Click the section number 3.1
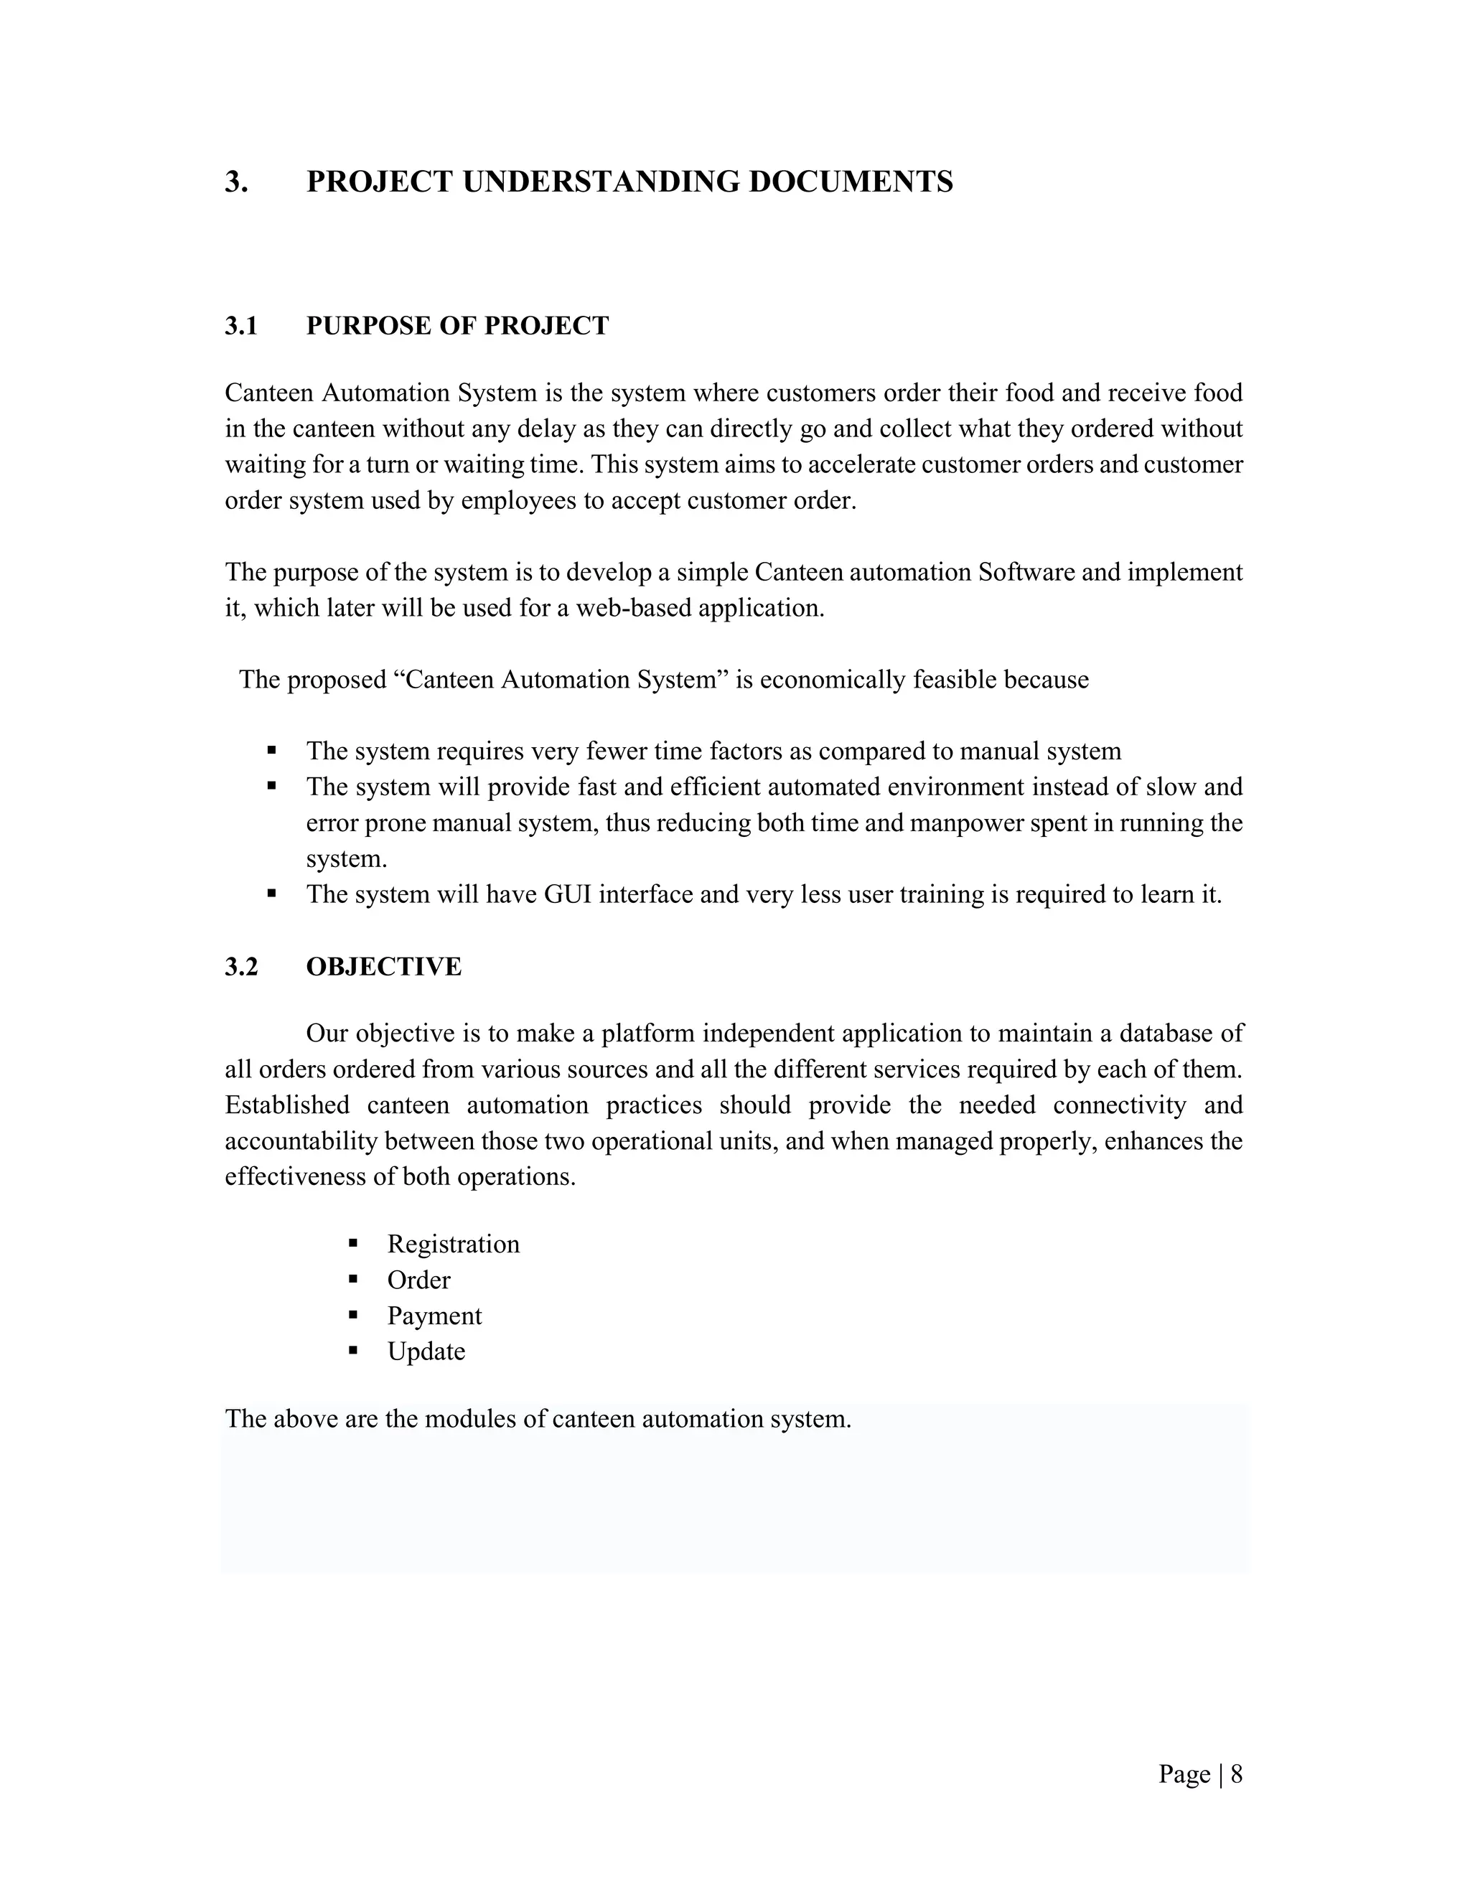click(241, 326)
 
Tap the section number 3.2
click(241, 967)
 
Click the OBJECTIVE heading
click(383, 967)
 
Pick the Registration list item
click(453, 1244)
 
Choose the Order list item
click(419, 1279)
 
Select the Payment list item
click(434, 1315)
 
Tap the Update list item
click(426, 1351)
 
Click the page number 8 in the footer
click(1236, 1774)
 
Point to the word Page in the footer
click(1184, 1774)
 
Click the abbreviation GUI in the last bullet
click(568, 894)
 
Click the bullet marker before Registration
click(352, 1242)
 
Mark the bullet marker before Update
click(352, 1351)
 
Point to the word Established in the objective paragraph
click(286, 1105)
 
